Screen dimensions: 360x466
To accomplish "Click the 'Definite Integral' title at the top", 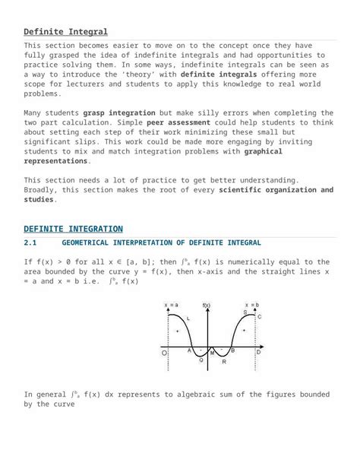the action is coord(65,32).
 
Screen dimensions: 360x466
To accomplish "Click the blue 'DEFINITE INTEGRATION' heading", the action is coord(73,229).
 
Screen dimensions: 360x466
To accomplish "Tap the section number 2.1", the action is coord(30,243).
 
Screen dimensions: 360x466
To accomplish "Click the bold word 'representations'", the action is coord(56,160).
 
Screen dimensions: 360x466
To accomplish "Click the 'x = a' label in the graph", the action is coord(171,305).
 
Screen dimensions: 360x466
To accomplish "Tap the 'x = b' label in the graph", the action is coord(251,305).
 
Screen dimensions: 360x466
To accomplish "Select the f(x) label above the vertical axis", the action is coord(207,305).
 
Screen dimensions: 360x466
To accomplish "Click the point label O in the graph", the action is coord(163,353).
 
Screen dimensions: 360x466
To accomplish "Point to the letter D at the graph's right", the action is coord(258,353).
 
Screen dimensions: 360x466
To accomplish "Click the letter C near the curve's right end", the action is coord(259,316).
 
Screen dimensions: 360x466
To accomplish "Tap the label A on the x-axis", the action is coord(189,351).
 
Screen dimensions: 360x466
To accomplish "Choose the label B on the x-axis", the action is coord(232,351).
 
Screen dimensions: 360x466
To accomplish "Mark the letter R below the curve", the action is coord(223,362).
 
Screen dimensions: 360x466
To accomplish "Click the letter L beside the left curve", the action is coord(188,319).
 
